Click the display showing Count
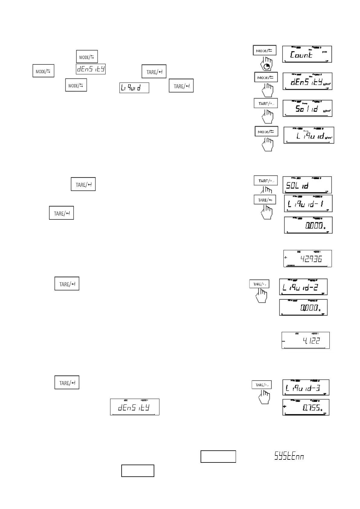(307, 54)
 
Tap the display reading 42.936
(307, 258)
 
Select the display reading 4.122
(306, 340)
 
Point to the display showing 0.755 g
(306, 407)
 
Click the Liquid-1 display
(308, 203)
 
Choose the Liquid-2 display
(303, 287)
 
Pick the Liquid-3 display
(306, 387)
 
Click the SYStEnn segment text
(289, 456)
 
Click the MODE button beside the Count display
(264, 50)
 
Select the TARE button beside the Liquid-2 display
(259, 284)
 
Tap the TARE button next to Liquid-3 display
(262, 385)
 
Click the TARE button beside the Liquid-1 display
(265, 200)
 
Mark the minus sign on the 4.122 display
(284, 341)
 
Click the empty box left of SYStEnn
(218, 456)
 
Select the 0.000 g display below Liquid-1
(308, 225)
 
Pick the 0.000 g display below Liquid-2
(303, 307)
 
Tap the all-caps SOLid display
(307, 185)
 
